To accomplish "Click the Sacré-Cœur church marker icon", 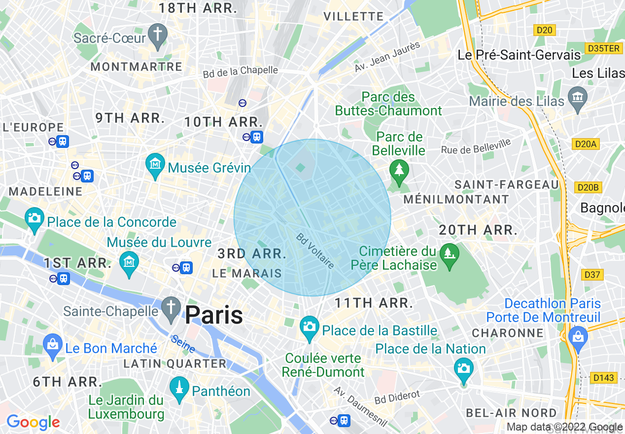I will coord(157,34).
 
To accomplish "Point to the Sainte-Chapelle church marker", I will coord(171,308).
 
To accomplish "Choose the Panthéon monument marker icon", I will coord(179,388).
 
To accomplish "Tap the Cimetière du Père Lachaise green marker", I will coord(449,254).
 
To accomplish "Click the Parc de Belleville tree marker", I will coord(399,171).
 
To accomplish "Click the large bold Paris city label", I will coord(214,315).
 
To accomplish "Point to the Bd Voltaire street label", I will coord(315,251).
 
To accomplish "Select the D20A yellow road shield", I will coord(586,144).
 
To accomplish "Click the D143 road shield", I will coord(603,378).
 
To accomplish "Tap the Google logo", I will coord(33,423).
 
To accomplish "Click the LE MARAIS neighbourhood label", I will coord(247,273).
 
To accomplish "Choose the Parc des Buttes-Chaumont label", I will coord(388,104).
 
